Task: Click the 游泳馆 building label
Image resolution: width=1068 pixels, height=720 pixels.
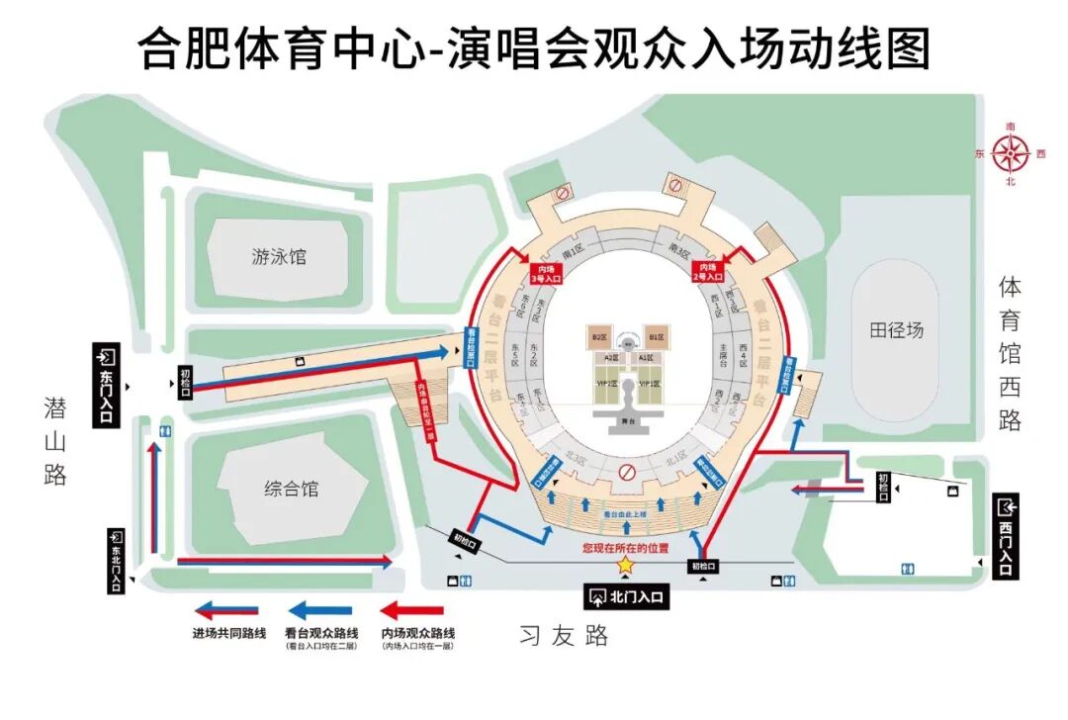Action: tap(279, 257)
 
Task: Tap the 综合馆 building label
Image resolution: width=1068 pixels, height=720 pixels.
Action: tap(292, 489)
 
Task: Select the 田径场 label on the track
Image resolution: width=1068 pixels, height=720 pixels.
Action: tap(897, 330)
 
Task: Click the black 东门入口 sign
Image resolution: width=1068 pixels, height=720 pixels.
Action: tap(107, 386)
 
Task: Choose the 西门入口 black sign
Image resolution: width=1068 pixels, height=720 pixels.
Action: tap(1006, 535)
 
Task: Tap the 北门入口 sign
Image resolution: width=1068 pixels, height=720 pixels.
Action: tap(627, 596)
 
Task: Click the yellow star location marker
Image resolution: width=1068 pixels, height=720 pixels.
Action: tap(625, 565)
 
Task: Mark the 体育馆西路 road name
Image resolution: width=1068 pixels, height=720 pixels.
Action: tap(1010, 353)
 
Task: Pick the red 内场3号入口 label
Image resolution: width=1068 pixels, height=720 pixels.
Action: tap(545, 272)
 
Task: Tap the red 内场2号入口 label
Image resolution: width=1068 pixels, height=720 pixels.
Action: tap(707, 272)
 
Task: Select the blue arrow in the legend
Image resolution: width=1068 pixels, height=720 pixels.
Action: tap(318, 610)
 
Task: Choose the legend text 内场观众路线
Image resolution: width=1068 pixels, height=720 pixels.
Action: tap(412, 632)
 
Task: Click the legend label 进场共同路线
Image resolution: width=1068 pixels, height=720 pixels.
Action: tap(227, 632)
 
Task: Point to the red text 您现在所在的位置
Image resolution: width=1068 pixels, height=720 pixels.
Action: tap(625, 547)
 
